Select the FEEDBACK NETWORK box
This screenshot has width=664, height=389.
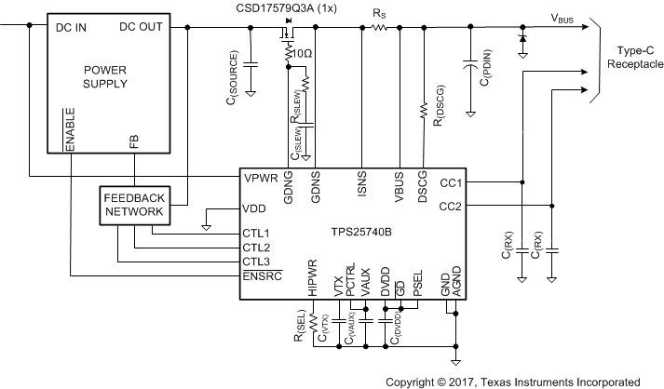click(x=134, y=205)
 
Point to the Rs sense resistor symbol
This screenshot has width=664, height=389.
click(x=379, y=29)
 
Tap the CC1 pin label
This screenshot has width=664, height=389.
click(x=451, y=183)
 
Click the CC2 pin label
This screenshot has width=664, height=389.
click(x=451, y=206)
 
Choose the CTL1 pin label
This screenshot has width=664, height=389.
click(x=256, y=233)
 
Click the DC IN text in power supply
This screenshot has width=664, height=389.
click(x=72, y=27)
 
